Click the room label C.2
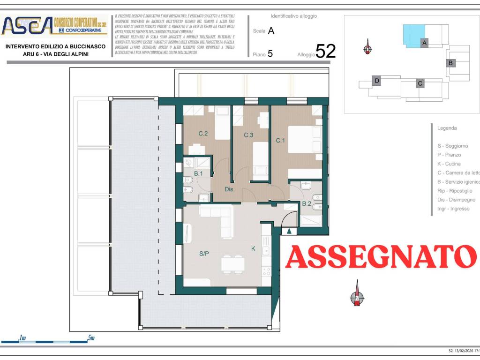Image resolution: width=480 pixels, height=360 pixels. (203, 134)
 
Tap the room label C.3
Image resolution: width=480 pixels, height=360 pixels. (248, 135)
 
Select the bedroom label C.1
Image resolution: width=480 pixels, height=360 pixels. (280, 140)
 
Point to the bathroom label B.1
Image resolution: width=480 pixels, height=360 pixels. (198, 173)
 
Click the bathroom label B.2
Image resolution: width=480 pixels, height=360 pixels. (307, 203)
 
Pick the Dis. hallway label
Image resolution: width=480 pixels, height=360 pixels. (229, 190)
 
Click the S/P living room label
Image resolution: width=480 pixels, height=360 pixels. (204, 254)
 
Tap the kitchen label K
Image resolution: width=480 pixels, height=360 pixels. (253, 248)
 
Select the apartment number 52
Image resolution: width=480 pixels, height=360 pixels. (326, 51)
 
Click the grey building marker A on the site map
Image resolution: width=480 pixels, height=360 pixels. (424, 43)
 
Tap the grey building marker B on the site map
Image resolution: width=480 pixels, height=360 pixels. (450, 63)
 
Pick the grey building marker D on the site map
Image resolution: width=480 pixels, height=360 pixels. (377, 81)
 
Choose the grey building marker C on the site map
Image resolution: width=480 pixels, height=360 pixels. (420, 83)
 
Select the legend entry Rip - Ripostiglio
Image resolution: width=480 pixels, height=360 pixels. (455, 191)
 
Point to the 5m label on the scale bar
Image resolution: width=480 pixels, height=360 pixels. (91, 337)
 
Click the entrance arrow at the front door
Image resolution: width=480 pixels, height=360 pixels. (289, 230)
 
